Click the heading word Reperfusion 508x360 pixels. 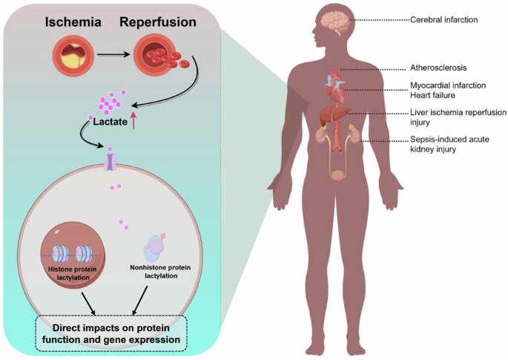159,23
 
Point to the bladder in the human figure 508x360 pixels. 339,175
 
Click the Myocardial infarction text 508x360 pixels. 448,85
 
